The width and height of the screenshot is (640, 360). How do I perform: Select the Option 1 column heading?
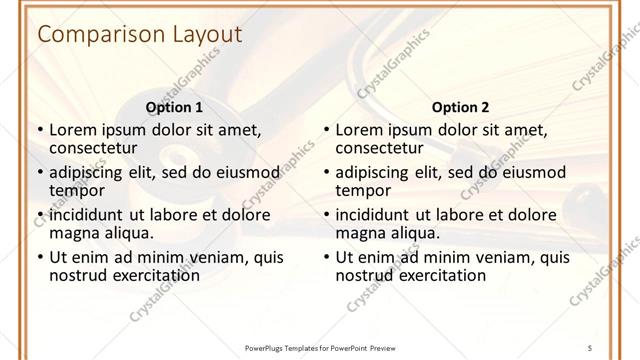174,107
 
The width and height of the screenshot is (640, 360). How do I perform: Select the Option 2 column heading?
460,107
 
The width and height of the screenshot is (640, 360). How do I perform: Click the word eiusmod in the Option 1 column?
248,171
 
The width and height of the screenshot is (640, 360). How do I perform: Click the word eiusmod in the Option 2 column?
534,171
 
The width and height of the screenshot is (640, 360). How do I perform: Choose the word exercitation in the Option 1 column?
153,275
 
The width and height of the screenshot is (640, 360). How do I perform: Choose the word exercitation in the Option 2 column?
439,275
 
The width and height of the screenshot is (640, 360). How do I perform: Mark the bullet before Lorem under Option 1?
40,130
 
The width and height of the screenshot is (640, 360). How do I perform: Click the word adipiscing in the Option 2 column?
377,171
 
